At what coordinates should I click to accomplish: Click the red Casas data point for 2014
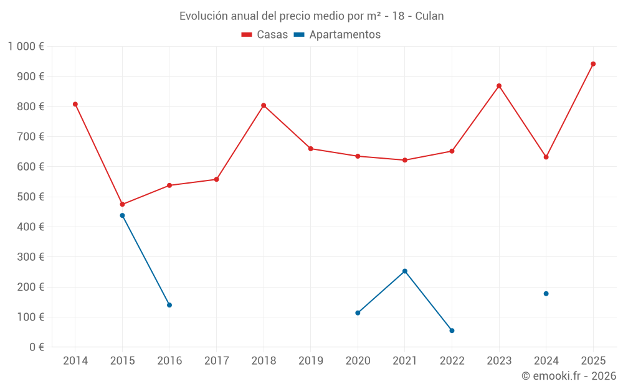[x=75, y=104]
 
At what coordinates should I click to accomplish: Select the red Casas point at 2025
[x=593, y=63]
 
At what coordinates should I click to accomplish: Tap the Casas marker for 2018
[x=264, y=105]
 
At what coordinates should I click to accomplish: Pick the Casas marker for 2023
[x=499, y=86]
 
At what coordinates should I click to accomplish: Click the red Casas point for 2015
[x=122, y=204]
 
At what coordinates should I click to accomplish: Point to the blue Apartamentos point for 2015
[x=122, y=215]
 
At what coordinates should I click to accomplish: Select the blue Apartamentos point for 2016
[x=169, y=305]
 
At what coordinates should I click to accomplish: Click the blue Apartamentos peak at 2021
[x=405, y=271]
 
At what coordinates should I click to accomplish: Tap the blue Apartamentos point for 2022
[x=452, y=330]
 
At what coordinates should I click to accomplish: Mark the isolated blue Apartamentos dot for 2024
[x=546, y=294]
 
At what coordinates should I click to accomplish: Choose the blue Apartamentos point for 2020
[x=358, y=313]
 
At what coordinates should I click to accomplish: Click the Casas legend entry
[x=265, y=35]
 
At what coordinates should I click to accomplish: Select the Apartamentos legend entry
[x=337, y=35]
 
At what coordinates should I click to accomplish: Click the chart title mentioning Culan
[x=311, y=16]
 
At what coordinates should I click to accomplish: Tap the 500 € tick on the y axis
[x=32, y=197]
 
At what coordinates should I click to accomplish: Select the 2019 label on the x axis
[x=310, y=361]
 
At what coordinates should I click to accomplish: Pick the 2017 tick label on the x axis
[x=216, y=361]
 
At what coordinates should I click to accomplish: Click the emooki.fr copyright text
[x=569, y=376]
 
